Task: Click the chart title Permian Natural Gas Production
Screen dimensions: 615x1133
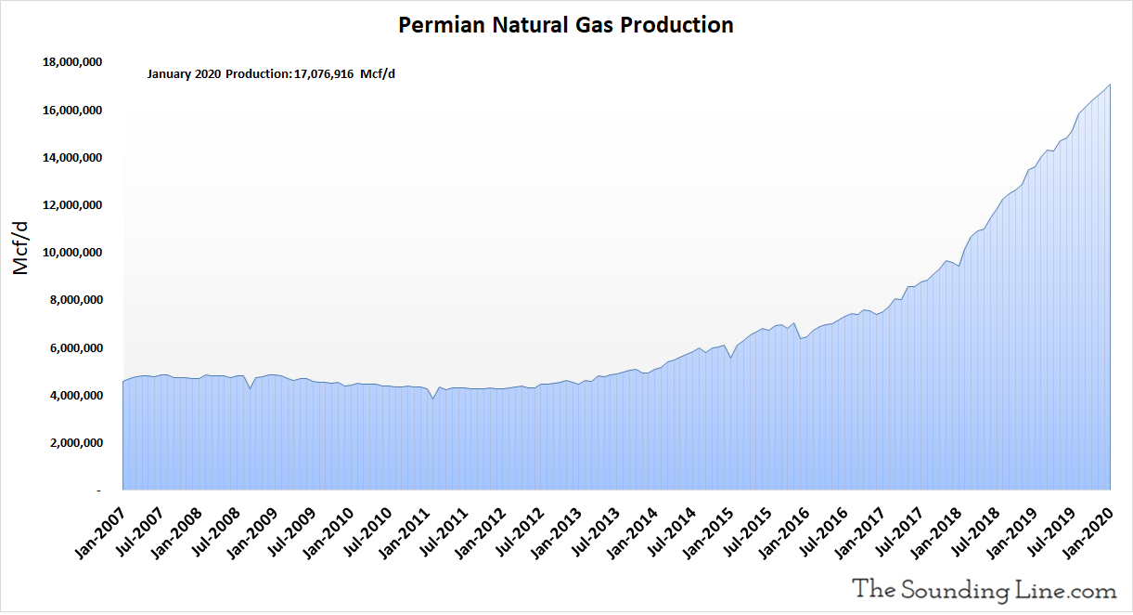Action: click(x=566, y=25)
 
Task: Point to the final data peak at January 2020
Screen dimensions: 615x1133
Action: click(x=1111, y=85)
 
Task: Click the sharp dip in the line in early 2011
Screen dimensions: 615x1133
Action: click(x=432, y=399)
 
